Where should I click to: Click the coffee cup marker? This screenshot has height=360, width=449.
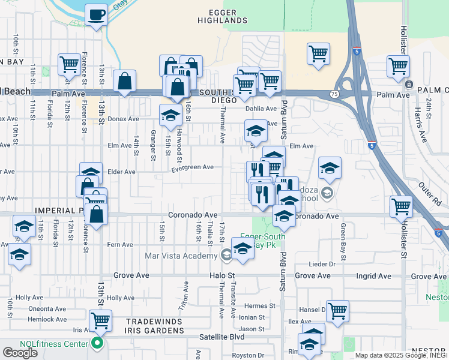[x=96, y=14]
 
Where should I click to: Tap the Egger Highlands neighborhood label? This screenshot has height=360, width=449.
[x=228, y=16]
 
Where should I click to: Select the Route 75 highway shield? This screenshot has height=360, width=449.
[x=334, y=94]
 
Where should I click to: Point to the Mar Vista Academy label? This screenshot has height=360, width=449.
[x=181, y=256]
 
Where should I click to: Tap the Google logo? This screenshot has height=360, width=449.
[x=20, y=352]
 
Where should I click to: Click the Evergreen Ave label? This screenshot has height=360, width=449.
[x=192, y=167]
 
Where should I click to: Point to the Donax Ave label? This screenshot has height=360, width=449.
[x=125, y=119]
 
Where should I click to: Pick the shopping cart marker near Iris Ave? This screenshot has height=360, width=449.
[x=100, y=320]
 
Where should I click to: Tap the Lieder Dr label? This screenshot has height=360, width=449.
[x=322, y=264]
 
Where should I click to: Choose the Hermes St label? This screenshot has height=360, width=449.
[x=262, y=305]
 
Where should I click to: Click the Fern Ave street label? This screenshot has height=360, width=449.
[x=119, y=245]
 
